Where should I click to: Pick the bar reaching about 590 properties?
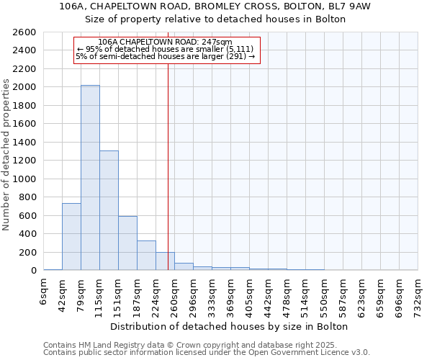coord(127,243)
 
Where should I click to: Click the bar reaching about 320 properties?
coord(146,255)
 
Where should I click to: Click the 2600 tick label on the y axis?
coord(24,32)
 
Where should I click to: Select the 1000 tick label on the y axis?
coord(24,179)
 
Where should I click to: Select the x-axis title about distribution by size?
coord(230,326)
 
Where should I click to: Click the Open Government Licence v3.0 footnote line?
coord(207,352)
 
